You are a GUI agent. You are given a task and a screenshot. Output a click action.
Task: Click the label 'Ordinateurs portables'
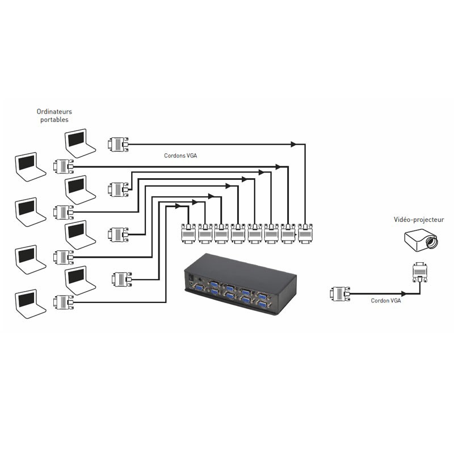[x=54, y=116]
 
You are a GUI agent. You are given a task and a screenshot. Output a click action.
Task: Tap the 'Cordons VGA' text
[x=180, y=155]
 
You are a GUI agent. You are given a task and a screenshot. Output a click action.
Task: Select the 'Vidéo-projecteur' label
[x=419, y=220]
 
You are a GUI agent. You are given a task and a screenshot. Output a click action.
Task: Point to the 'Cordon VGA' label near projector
[x=386, y=301]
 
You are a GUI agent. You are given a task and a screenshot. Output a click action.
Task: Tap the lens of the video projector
[x=431, y=242]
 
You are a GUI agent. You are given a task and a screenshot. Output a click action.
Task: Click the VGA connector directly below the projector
[x=420, y=272]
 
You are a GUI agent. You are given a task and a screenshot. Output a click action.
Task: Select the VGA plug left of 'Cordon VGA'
[x=340, y=294]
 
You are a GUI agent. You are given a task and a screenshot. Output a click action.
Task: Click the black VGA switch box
[x=240, y=283]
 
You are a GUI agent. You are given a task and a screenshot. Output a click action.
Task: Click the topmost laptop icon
[x=79, y=143]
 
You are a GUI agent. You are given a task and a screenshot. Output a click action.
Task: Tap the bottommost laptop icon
[x=30, y=304]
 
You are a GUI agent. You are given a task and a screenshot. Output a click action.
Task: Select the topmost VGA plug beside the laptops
[x=118, y=144]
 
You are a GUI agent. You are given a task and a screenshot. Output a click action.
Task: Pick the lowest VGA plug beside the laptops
[x=64, y=302]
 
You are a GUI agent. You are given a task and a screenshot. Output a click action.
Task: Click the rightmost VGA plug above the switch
[x=305, y=233]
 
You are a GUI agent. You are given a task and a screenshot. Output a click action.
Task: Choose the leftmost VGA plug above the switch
[x=188, y=234]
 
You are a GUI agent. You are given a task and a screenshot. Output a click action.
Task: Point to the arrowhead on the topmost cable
[x=293, y=144]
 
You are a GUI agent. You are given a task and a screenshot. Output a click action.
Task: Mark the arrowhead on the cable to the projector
[x=403, y=293]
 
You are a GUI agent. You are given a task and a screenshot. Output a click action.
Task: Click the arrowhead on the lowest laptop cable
[x=178, y=206]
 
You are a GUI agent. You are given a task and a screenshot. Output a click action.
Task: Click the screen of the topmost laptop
[x=76, y=139]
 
